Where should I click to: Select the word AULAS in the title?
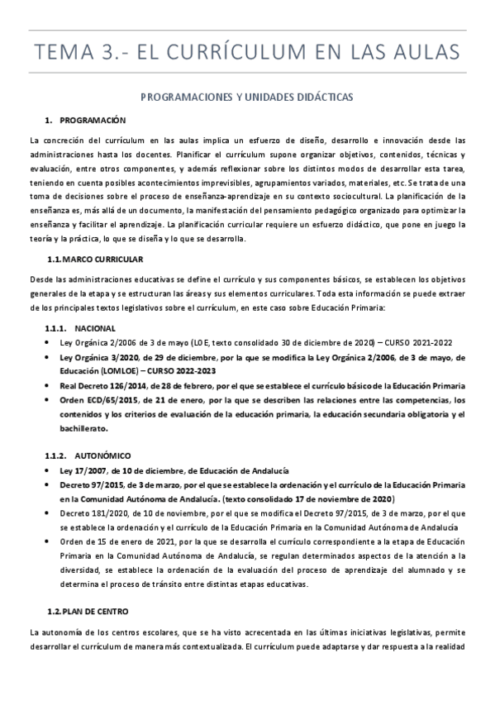pos(426,54)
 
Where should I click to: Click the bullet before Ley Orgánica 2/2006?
pos(50,343)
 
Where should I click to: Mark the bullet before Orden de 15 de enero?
pos(50,542)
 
